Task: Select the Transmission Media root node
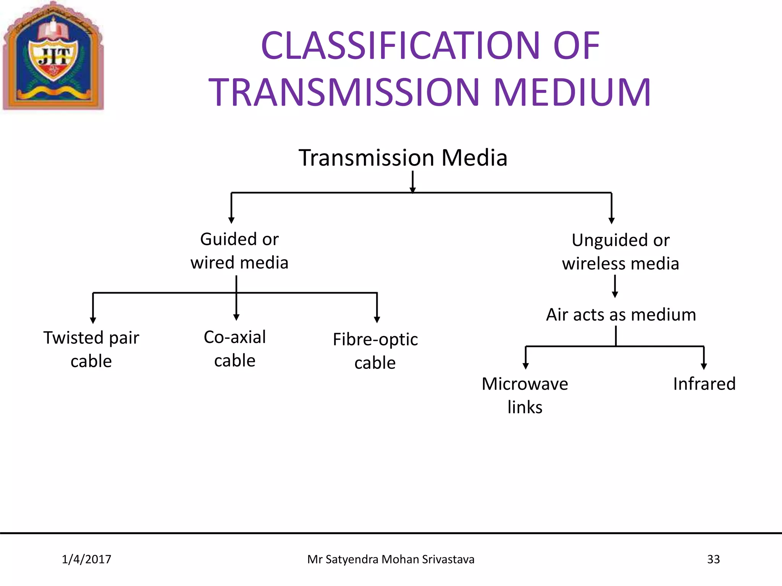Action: point(403,158)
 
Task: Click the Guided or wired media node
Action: point(239,251)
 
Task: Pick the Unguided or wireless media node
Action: point(620,252)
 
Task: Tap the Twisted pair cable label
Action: point(91,349)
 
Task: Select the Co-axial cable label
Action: point(235,348)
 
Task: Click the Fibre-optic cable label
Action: point(375,351)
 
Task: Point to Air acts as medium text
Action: point(621,315)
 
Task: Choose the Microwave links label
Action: point(525,395)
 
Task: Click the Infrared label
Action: point(704,384)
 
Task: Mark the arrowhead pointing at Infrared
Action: point(704,366)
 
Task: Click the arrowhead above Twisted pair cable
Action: point(93,320)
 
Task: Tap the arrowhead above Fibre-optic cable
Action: point(377,320)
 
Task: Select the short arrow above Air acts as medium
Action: point(615,287)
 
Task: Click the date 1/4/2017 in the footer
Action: point(86,559)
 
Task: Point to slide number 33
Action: point(713,559)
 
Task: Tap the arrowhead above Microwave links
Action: point(526,366)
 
